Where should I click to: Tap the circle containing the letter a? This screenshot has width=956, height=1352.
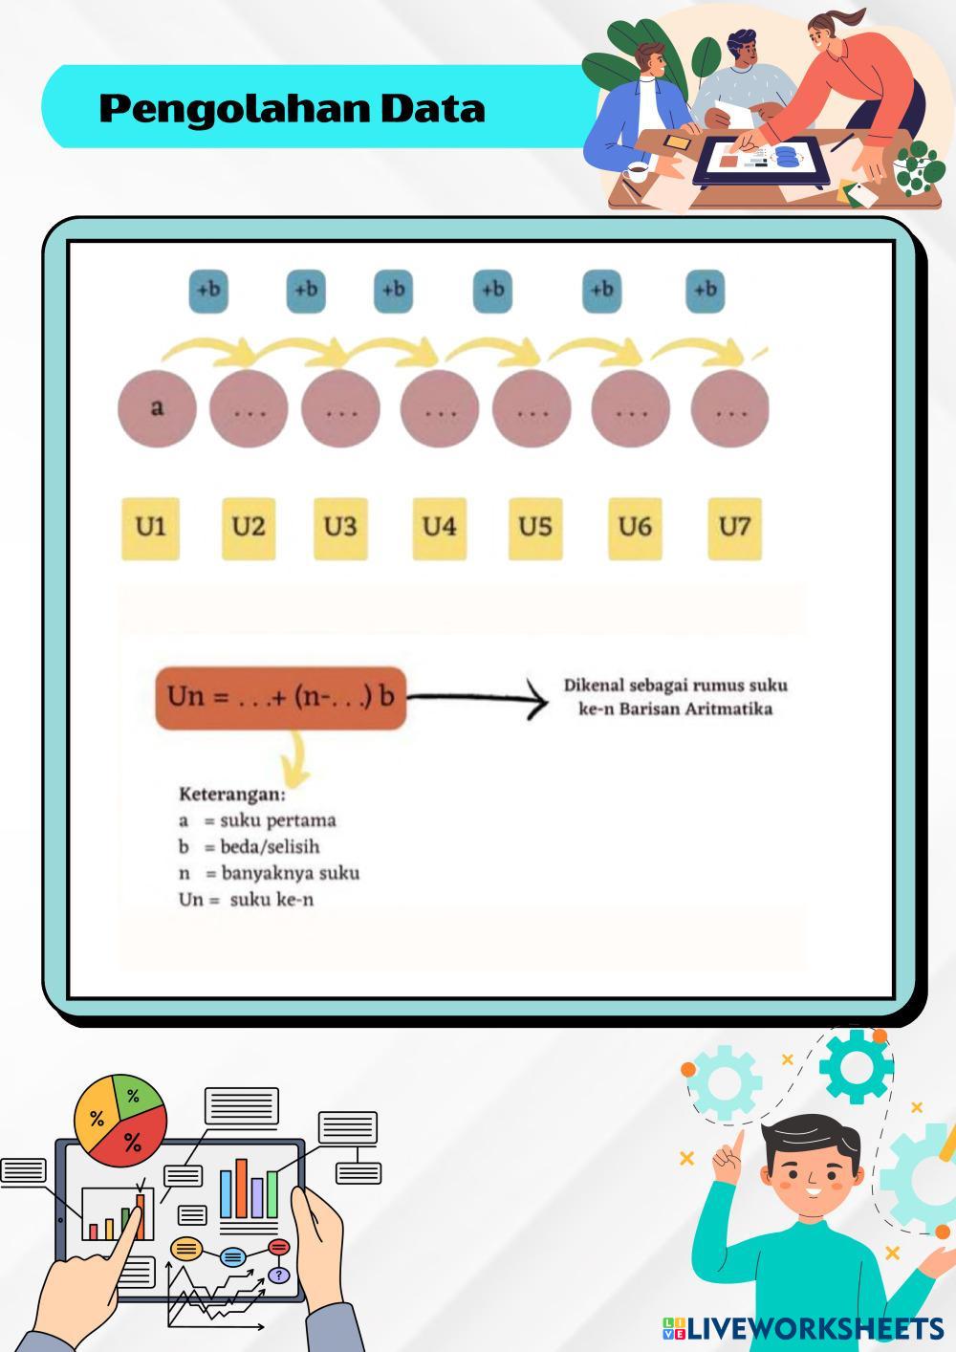click(157, 408)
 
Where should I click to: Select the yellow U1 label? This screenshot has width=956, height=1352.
click(150, 527)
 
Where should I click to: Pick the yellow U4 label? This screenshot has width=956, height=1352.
click(440, 527)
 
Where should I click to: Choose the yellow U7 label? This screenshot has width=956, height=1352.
click(734, 527)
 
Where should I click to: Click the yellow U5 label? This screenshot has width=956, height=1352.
click(535, 527)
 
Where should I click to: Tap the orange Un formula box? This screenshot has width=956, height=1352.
click(280, 697)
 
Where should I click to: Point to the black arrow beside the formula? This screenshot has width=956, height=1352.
click(478, 701)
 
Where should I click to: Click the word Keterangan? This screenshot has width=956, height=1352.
click(231, 794)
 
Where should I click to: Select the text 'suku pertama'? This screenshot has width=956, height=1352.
click(278, 820)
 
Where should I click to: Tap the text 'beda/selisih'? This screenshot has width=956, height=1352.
click(270, 846)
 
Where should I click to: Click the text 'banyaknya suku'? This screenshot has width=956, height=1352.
click(290, 872)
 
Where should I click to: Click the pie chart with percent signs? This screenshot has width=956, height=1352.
click(120, 1121)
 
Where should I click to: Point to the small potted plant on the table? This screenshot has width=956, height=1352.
click(919, 169)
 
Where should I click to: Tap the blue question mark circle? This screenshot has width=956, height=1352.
click(278, 1276)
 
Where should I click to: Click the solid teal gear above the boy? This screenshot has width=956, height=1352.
click(856, 1064)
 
